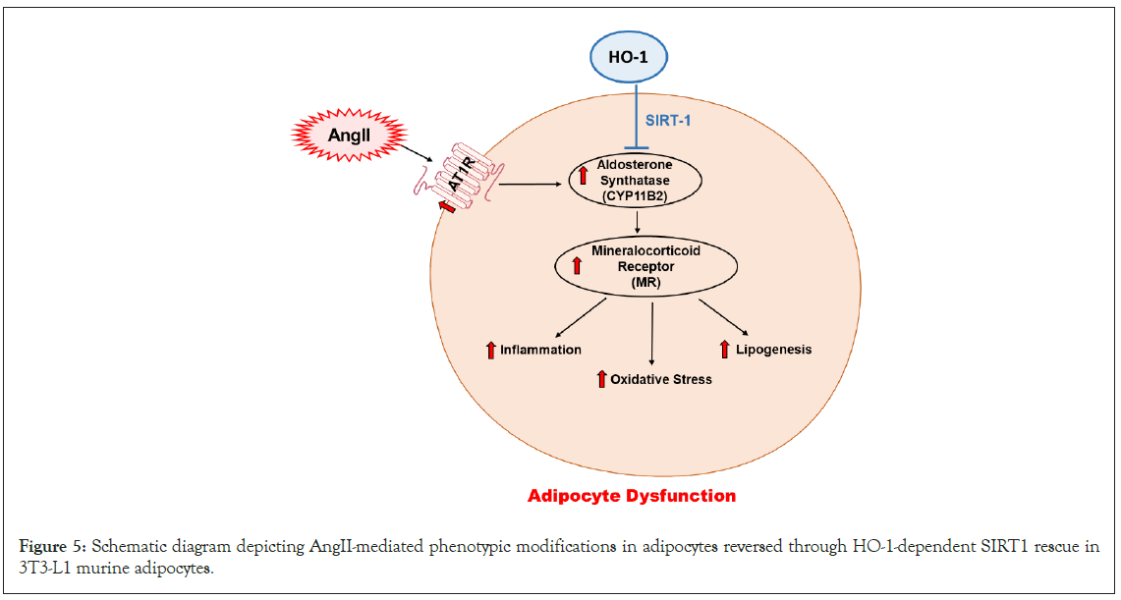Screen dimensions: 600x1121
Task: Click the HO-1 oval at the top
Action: pos(629,57)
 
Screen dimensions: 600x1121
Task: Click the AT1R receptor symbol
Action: pos(455,177)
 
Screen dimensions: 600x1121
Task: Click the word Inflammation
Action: pos(540,350)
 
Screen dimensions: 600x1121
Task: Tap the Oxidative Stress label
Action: pos(660,379)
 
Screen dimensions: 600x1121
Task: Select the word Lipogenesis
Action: pos(773,349)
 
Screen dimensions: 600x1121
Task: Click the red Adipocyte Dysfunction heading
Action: pos(632,496)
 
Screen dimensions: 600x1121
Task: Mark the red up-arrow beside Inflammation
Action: pos(490,350)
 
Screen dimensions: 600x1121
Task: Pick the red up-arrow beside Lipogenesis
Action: pos(725,349)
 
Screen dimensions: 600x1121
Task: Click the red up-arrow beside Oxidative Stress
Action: pos(601,379)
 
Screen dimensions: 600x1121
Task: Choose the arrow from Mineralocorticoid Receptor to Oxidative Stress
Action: pos(652,334)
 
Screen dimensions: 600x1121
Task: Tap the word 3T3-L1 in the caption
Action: pos(41,567)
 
